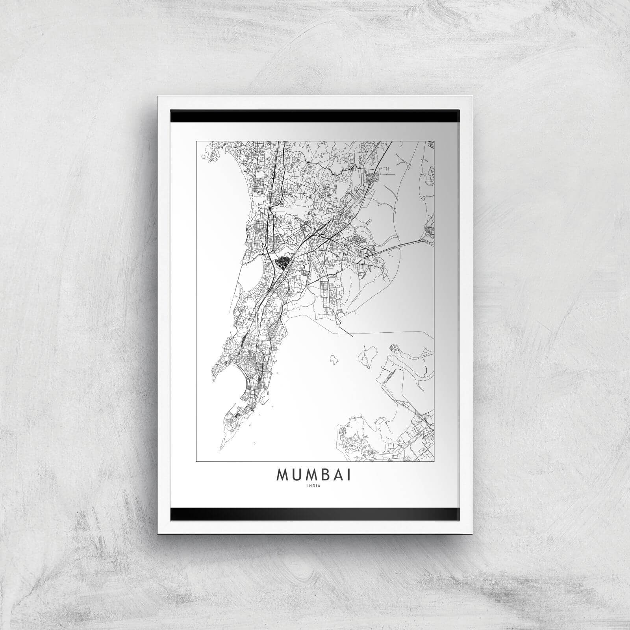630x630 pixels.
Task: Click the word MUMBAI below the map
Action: click(x=315, y=475)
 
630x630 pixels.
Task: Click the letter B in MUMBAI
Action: click(x=326, y=475)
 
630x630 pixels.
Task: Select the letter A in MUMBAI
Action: click(x=339, y=475)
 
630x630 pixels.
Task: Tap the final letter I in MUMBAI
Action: click(x=350, y=475)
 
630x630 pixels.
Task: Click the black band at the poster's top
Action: click(x=315, y=116)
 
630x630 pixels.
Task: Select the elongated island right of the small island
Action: click(x=366, y=356)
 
